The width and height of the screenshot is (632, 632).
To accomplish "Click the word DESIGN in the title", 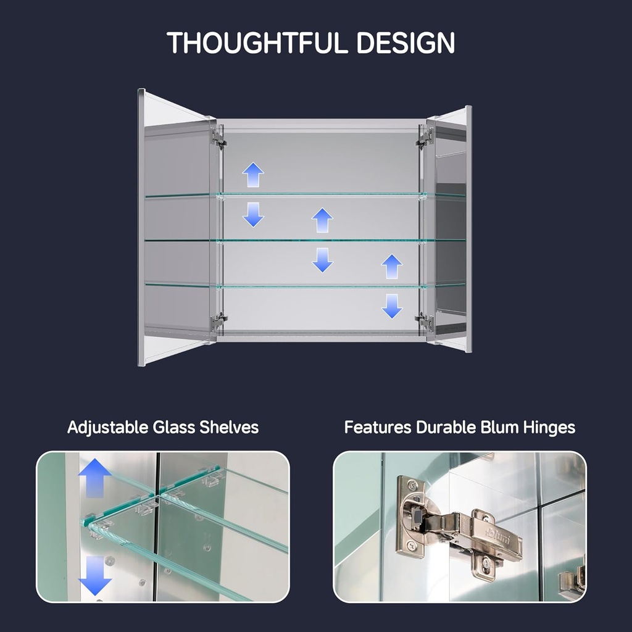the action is coord(406,43).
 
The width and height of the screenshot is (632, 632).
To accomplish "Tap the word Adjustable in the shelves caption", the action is coord(107,428).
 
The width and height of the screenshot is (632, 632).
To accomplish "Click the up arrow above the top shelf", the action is coord(253,175).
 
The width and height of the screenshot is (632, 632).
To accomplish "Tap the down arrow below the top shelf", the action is coord(253,214).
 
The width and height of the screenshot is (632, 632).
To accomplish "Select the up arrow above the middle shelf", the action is coord(322,220).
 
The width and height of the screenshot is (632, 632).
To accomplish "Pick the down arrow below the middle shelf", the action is coord(322,260).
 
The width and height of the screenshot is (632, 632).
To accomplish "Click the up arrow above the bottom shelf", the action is coord(392,267).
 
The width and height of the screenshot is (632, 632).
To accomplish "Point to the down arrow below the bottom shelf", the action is coord(392,306).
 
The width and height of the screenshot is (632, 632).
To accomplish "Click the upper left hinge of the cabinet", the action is coord(218,138).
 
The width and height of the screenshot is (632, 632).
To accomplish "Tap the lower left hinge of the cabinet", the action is coord(218,322).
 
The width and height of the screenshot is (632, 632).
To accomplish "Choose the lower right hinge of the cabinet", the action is coord(425,322).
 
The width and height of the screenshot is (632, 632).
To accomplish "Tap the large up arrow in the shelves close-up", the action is coord(94,478).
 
